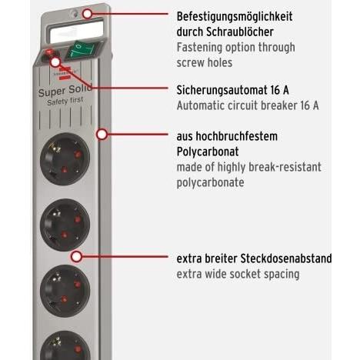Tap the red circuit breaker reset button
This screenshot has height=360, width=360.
[x=48, y=53]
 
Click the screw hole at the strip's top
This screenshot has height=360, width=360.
[x=75, y=13]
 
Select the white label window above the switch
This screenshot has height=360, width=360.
[x=76, y=32]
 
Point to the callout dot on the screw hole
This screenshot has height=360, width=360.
[x=88, y=14]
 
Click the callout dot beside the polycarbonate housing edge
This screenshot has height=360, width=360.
[x=102, y=134]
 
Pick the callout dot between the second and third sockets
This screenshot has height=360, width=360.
[x=76, y=256]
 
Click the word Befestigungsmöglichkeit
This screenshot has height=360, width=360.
[x=235, y=17]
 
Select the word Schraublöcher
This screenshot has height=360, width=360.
[x=240, y=32]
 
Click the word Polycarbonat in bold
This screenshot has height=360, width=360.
[x=208, y=152]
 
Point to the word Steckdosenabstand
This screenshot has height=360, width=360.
[x=286, y=258]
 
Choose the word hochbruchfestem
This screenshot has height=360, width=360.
[x=237, y=136]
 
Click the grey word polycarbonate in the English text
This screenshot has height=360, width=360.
[x=210, y=183]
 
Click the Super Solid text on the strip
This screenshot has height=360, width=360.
[x=65, y=90]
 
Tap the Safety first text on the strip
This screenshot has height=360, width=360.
[x=65, y=101]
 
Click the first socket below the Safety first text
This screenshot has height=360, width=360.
[x=65, y=159]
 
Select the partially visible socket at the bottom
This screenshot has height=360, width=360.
[x=65, y=345]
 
